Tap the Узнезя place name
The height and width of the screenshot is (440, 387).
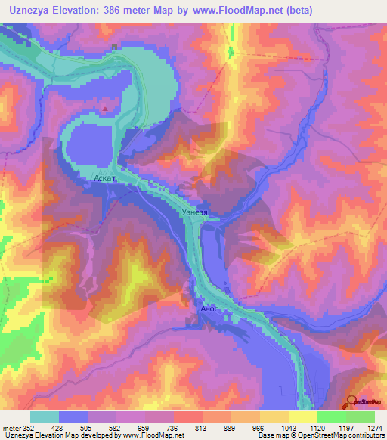point(195,212)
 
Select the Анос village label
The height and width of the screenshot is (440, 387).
point(209,309)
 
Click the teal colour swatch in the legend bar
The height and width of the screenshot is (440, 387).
point(45,416)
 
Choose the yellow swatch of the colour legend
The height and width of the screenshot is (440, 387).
point(302,416)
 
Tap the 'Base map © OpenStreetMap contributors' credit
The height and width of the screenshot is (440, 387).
point(320,435)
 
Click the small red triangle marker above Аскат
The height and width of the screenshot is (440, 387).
point(106,108)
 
